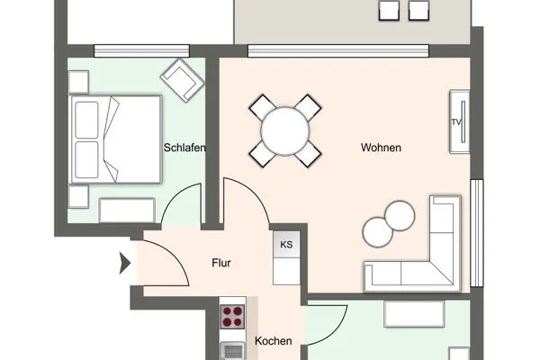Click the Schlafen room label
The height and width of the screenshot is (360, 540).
tap(184, 148)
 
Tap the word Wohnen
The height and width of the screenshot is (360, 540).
tap(381, 148)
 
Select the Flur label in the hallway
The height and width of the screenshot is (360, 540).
tap(221, 263)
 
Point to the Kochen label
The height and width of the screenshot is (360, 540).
tap(274, 341)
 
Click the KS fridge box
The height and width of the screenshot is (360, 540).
tap(286, 245)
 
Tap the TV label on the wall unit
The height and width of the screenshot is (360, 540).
tap(456, 122)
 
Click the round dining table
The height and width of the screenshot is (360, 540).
tap(285, 130)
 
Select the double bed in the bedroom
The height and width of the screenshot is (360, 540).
tap(116, 139)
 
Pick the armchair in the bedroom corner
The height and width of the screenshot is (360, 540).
tap(183, 80)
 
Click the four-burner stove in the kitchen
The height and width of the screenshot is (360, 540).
tap(232, 317)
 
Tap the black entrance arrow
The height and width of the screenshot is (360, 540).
tap(125, 263)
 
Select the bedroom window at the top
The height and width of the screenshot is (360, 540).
tap(142, 50)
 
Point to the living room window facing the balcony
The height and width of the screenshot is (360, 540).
tap(338, 50)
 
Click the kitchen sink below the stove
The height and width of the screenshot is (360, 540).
tap(232, 351)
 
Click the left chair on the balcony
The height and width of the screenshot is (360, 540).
tap(389, 10)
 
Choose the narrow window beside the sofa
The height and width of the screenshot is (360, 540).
tap(477, 233)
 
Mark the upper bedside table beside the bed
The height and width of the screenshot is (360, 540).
tap(79, 82)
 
